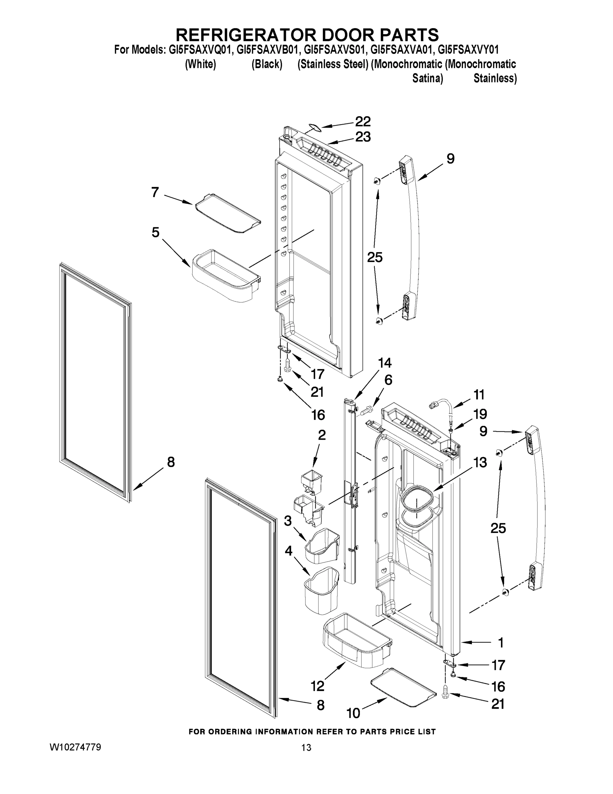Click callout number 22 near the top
[x=363, y=121]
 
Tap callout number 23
[x=363, y=137]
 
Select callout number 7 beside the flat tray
[x=155, y=192]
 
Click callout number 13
[x=480, y=463]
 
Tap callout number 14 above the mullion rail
[x=385, y=363]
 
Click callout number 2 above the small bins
[x=322, y=435]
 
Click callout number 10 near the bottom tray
[x=353, y=713]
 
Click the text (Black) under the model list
[x=267, y=65]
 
